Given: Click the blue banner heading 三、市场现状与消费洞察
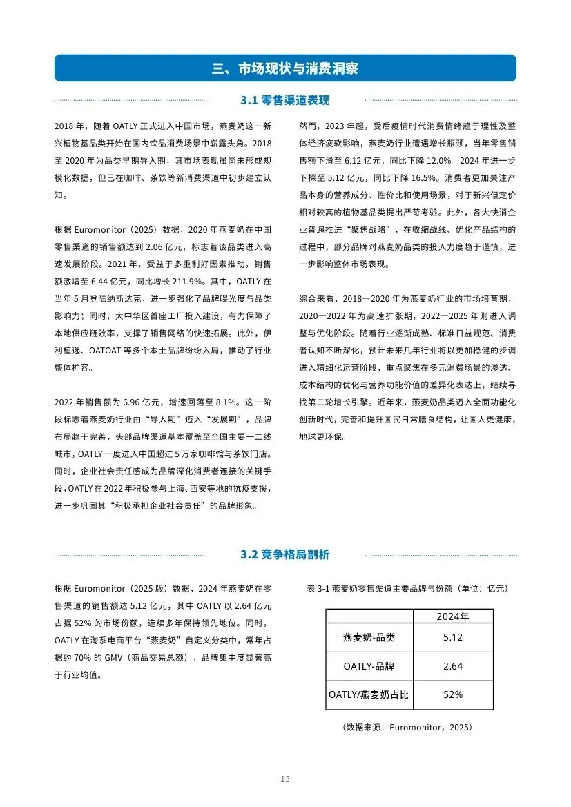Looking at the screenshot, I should click(x=285, y=68).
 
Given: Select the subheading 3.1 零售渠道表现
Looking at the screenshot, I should click(x=285, y=101).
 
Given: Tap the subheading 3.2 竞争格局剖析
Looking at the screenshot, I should click(x=285, y=555).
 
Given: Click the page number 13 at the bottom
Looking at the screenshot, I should click(x=285, y=779).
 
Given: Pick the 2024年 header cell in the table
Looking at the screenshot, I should click(x=453, y=617).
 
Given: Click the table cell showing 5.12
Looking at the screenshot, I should click(x=453, y=637).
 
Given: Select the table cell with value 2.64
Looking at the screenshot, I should click(x=453, y=666).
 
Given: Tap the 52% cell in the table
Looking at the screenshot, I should click(x=453, y=694).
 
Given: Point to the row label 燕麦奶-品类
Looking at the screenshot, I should click(x=369, y=637).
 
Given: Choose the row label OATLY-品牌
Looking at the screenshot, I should click(x=369, y=666).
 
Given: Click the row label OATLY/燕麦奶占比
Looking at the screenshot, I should click(x=369, y=694).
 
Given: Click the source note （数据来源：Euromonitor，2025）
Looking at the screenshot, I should click(x=407, y=728).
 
